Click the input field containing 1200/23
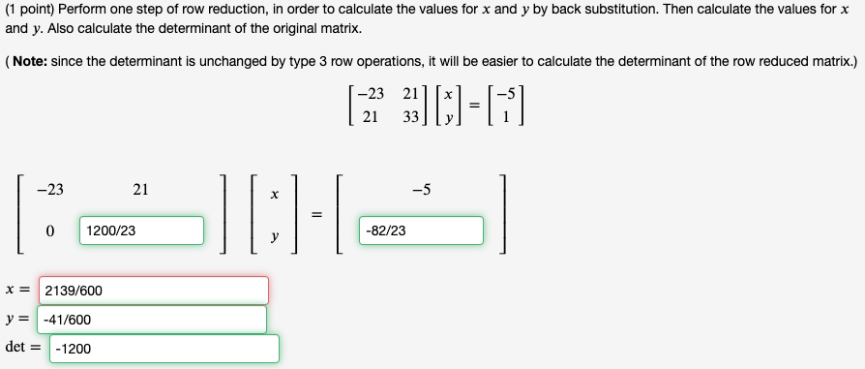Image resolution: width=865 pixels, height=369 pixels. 141,231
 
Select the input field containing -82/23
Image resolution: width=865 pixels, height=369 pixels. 421,231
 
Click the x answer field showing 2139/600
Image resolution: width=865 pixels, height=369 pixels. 153,291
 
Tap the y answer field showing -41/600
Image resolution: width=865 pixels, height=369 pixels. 151,320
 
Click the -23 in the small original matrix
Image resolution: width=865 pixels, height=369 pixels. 370,94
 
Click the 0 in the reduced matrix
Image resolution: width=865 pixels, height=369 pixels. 48,231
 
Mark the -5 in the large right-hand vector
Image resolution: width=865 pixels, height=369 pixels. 421,190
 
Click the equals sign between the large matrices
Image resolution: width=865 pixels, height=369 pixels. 315,213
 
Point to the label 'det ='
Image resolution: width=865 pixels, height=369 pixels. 24,347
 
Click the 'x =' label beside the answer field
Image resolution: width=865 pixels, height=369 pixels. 16,290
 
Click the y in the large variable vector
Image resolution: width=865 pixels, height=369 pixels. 275,235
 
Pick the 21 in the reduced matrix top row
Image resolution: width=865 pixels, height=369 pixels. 140,190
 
